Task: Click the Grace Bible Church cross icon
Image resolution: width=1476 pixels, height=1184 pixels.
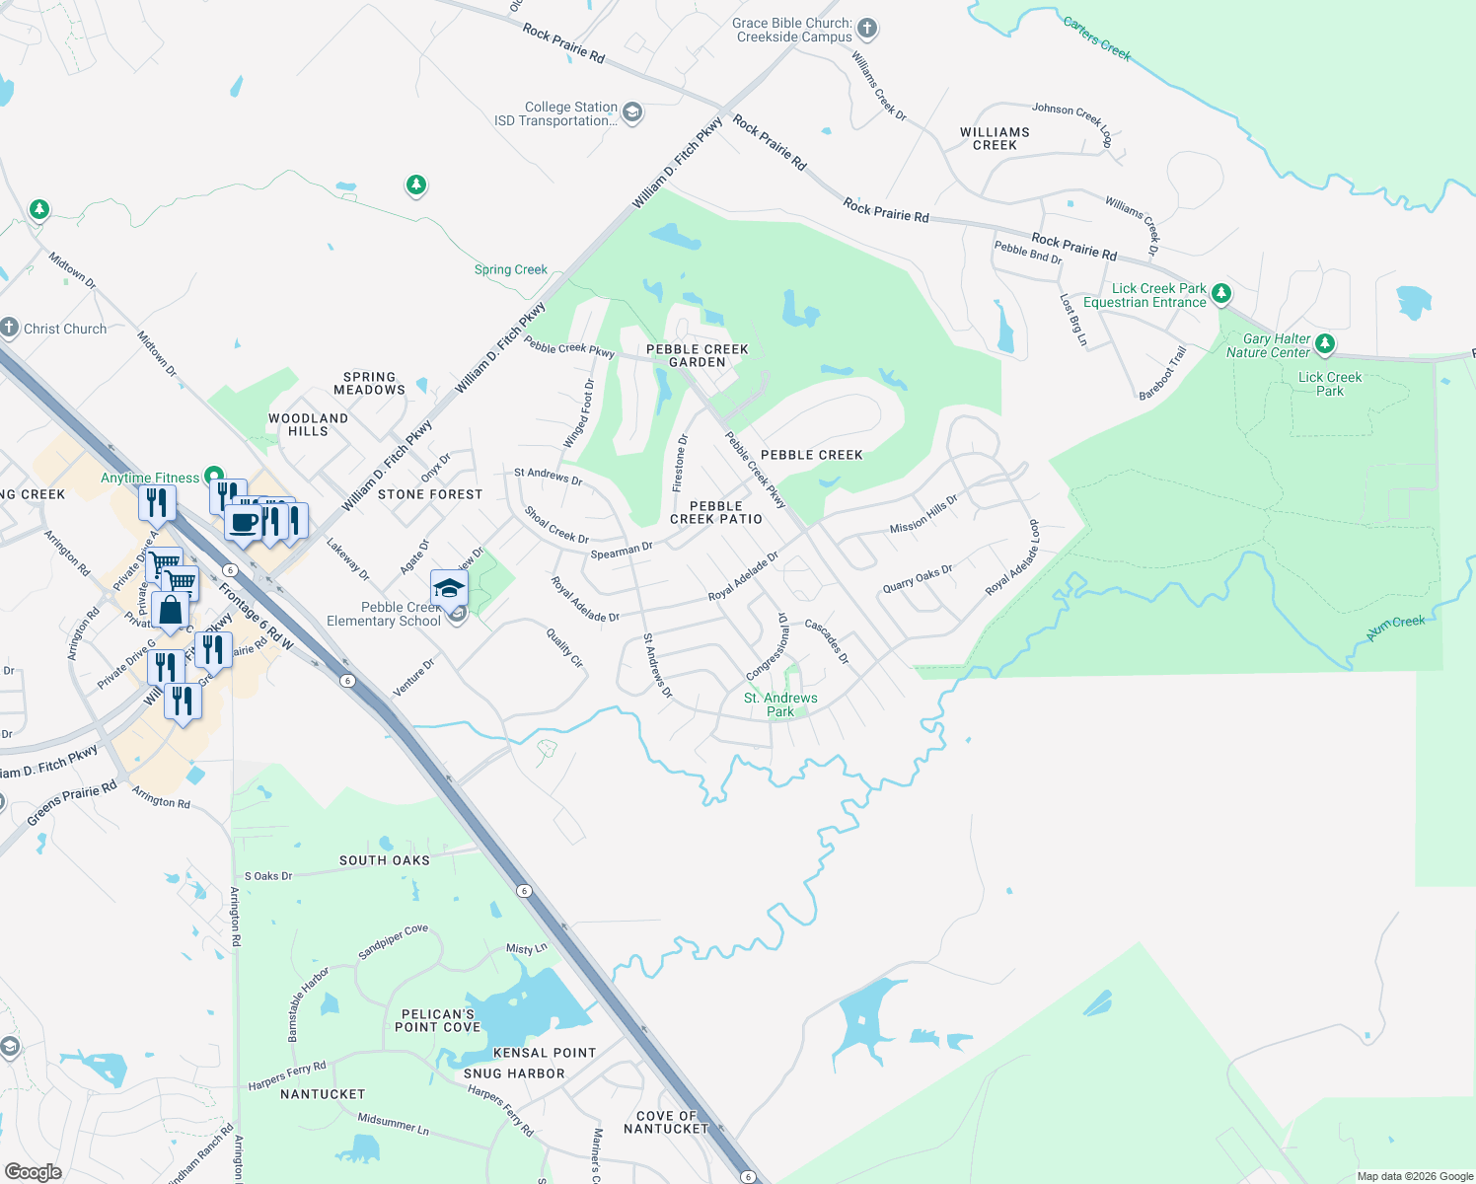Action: tap(866, 29)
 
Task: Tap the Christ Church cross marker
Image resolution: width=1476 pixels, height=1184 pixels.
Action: tap(9, 328)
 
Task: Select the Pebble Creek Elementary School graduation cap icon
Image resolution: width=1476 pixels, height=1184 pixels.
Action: tap(449, 588)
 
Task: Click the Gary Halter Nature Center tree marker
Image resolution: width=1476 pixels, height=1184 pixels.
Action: tap(1325, 343)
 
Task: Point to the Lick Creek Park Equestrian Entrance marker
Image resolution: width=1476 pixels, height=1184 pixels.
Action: tap(1221, 293)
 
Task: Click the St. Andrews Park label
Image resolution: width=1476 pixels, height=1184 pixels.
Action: tap(780, 704)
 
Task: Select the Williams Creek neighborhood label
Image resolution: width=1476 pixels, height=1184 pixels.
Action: tap(995, 138)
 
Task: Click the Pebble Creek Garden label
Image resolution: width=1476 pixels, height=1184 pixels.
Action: tap(698, 355)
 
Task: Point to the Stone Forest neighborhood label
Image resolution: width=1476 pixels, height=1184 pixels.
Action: tap(430, 494)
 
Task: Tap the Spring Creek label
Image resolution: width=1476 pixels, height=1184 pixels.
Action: tap(511, 269)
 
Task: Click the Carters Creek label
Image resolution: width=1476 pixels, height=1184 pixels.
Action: tap(1097, 37)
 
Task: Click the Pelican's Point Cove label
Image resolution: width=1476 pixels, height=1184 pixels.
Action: tap(437, 1020)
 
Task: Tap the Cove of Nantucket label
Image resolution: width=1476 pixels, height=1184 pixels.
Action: tap(666, 1122)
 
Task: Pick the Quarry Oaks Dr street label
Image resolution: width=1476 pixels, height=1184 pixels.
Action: tap(918, 578)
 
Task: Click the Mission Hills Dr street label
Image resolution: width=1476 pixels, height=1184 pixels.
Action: tap(923, 514)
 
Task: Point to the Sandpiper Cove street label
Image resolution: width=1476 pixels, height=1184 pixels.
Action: tap(393, 941)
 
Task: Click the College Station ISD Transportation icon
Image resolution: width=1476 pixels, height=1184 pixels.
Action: tap(632, 112)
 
